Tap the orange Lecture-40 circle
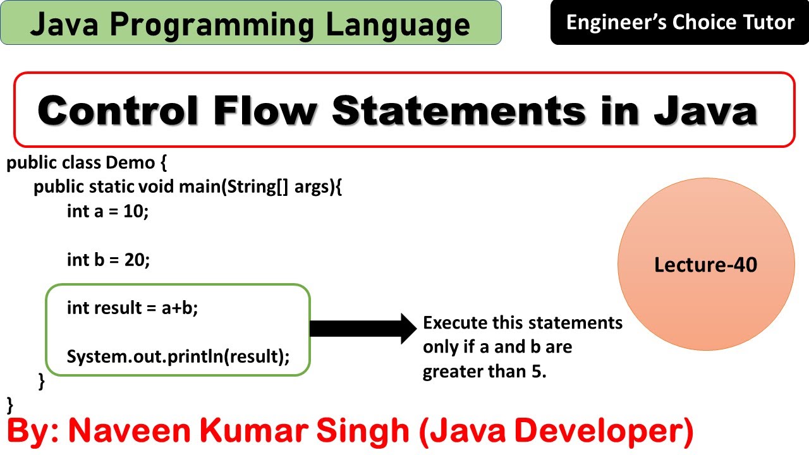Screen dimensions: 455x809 click(706, 265)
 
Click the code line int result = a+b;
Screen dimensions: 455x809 click(132, 308)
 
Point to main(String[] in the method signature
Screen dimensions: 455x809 click(234, 187)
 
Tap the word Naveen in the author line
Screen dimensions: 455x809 click(117, 430)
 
